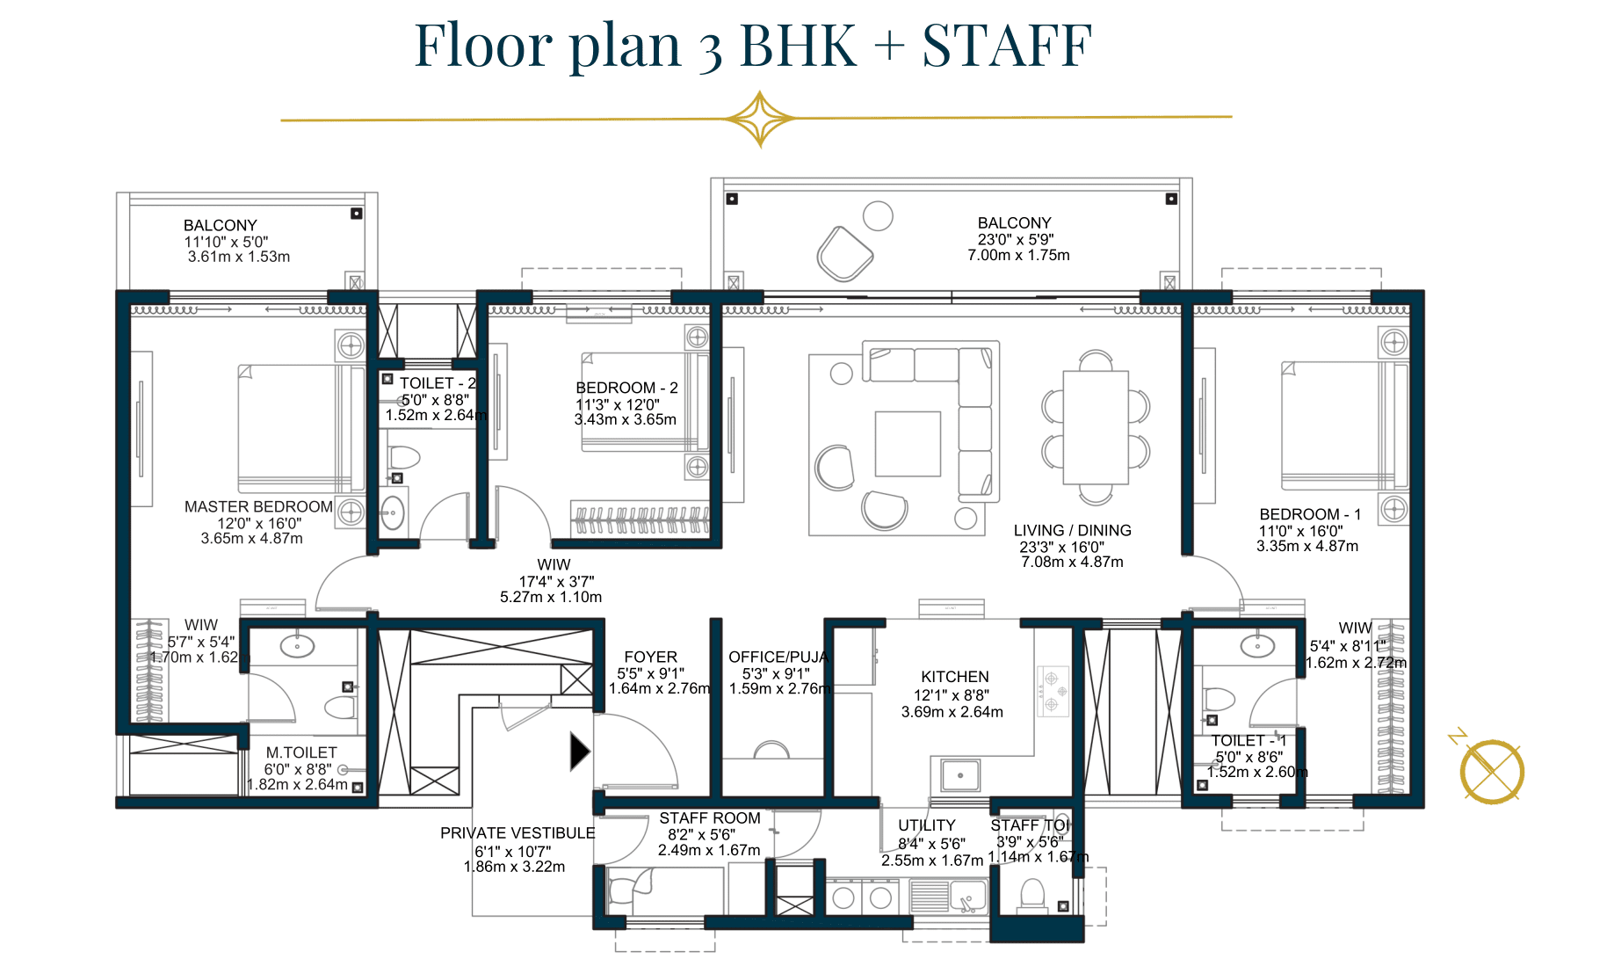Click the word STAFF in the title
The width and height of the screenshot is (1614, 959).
(1007, 46)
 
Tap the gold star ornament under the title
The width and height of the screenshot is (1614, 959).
(760, 119)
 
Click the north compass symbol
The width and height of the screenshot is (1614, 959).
(1491, 771)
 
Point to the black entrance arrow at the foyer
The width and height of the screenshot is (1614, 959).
(580, 752)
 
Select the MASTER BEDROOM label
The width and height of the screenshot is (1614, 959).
(258, 507)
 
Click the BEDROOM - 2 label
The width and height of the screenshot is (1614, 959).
(626, 388)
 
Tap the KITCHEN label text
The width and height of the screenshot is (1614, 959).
(955, 677)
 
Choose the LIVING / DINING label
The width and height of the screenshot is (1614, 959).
(1073, 531)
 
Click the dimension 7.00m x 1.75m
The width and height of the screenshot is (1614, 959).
(1019, 256)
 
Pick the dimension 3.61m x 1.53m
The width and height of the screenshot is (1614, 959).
(239, 258)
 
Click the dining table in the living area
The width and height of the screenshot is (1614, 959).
(1096, 427)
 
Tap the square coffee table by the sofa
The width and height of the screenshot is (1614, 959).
(908, 444)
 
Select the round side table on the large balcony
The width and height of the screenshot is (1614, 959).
(878, 215)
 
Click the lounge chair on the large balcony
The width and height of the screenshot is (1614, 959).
(845, 253)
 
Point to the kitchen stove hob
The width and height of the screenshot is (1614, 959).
(1053, 689)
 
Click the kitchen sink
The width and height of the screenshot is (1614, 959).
(961, 775)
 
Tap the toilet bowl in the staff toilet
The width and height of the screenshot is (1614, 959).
(1031, 895)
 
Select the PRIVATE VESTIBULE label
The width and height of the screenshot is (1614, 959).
(517, 833)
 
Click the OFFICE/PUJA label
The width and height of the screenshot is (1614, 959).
(778, 657)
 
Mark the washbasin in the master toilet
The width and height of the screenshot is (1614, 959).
(298, 647)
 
